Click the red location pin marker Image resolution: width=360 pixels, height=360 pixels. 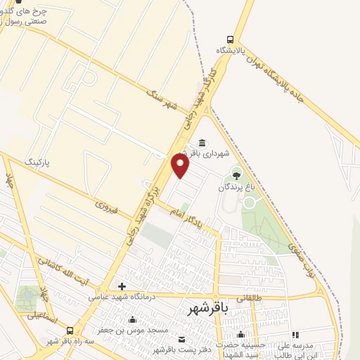tap(181, 165)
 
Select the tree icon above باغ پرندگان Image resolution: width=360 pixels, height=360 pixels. tap(236, 175)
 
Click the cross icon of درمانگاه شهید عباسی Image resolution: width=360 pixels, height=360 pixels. tap(122, 286)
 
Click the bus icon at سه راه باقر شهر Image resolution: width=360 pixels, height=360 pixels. tap(69, 330)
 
